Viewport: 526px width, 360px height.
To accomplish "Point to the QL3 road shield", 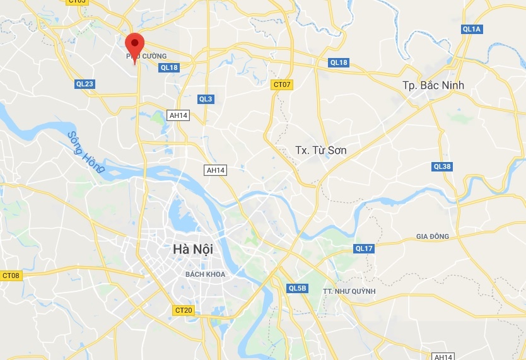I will click(206, 99).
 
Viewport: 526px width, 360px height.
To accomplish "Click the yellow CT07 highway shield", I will click(282, 84).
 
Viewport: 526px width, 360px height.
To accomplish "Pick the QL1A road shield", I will click(472, 29).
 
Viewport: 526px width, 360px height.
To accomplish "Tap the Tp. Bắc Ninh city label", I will click(433, 85).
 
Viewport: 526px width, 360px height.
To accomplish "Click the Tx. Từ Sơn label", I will click(321, 150).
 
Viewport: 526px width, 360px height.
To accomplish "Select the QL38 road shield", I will click(442, 166).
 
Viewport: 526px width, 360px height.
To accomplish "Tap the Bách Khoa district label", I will click(205, 274).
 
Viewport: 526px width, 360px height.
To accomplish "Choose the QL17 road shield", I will click(364, 248).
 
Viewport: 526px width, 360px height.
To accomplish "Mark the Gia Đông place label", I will click(432, 236).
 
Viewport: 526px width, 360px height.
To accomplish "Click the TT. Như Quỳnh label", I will click(349, 291).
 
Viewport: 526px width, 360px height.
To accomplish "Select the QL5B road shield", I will click(296, 288).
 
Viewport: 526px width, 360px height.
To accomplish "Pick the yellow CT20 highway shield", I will click(184, 310).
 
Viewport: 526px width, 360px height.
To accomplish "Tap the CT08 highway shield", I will click(11, 276).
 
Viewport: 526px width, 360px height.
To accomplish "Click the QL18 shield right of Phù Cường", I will click(170, 67).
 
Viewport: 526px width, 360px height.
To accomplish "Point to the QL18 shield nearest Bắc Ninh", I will click(339, 62).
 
